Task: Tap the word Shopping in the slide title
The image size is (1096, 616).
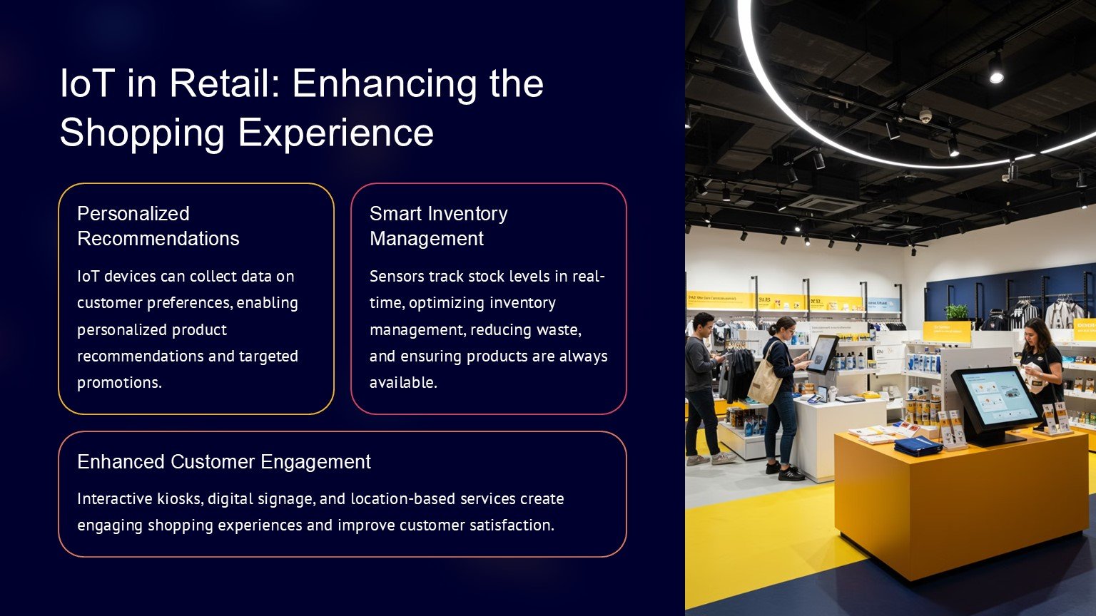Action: pos(142,134)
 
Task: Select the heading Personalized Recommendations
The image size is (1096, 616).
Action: pos(158,226)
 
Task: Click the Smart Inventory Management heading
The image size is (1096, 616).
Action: pos(438,226)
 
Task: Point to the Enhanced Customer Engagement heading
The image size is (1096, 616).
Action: pos(224,461)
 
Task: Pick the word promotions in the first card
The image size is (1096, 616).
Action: pos(119,383)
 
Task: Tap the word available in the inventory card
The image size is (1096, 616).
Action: pos(403,382)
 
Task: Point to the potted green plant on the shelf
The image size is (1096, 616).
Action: pos(956,312)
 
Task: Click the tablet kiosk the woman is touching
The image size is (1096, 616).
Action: pos(823,354)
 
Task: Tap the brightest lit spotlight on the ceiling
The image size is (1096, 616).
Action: pos(996,77)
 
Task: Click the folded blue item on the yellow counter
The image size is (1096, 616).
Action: pos(918,446)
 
